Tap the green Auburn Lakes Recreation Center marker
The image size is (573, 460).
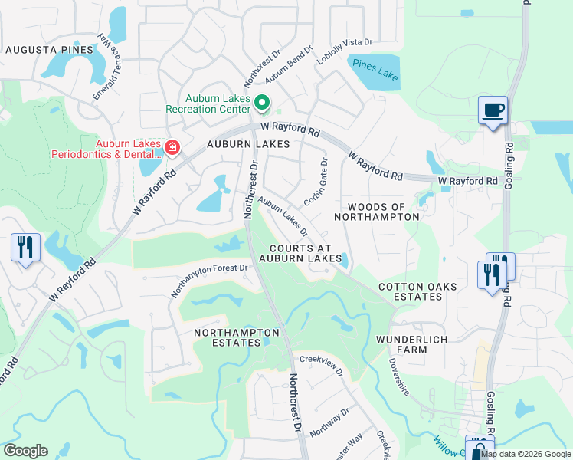point(262,102)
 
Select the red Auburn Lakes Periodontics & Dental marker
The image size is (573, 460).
point(172,147)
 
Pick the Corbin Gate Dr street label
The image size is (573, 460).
point(316,182)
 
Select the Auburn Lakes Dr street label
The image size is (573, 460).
point(283,217)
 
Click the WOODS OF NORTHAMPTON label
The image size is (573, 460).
point(383,212)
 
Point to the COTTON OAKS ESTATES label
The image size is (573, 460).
point(417,292)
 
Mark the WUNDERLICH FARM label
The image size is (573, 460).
point(412,344)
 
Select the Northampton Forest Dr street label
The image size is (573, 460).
point(210,281)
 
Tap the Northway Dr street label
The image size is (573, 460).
point(329,422)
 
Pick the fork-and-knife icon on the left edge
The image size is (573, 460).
point(25,248)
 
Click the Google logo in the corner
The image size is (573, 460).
point(25,451)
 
